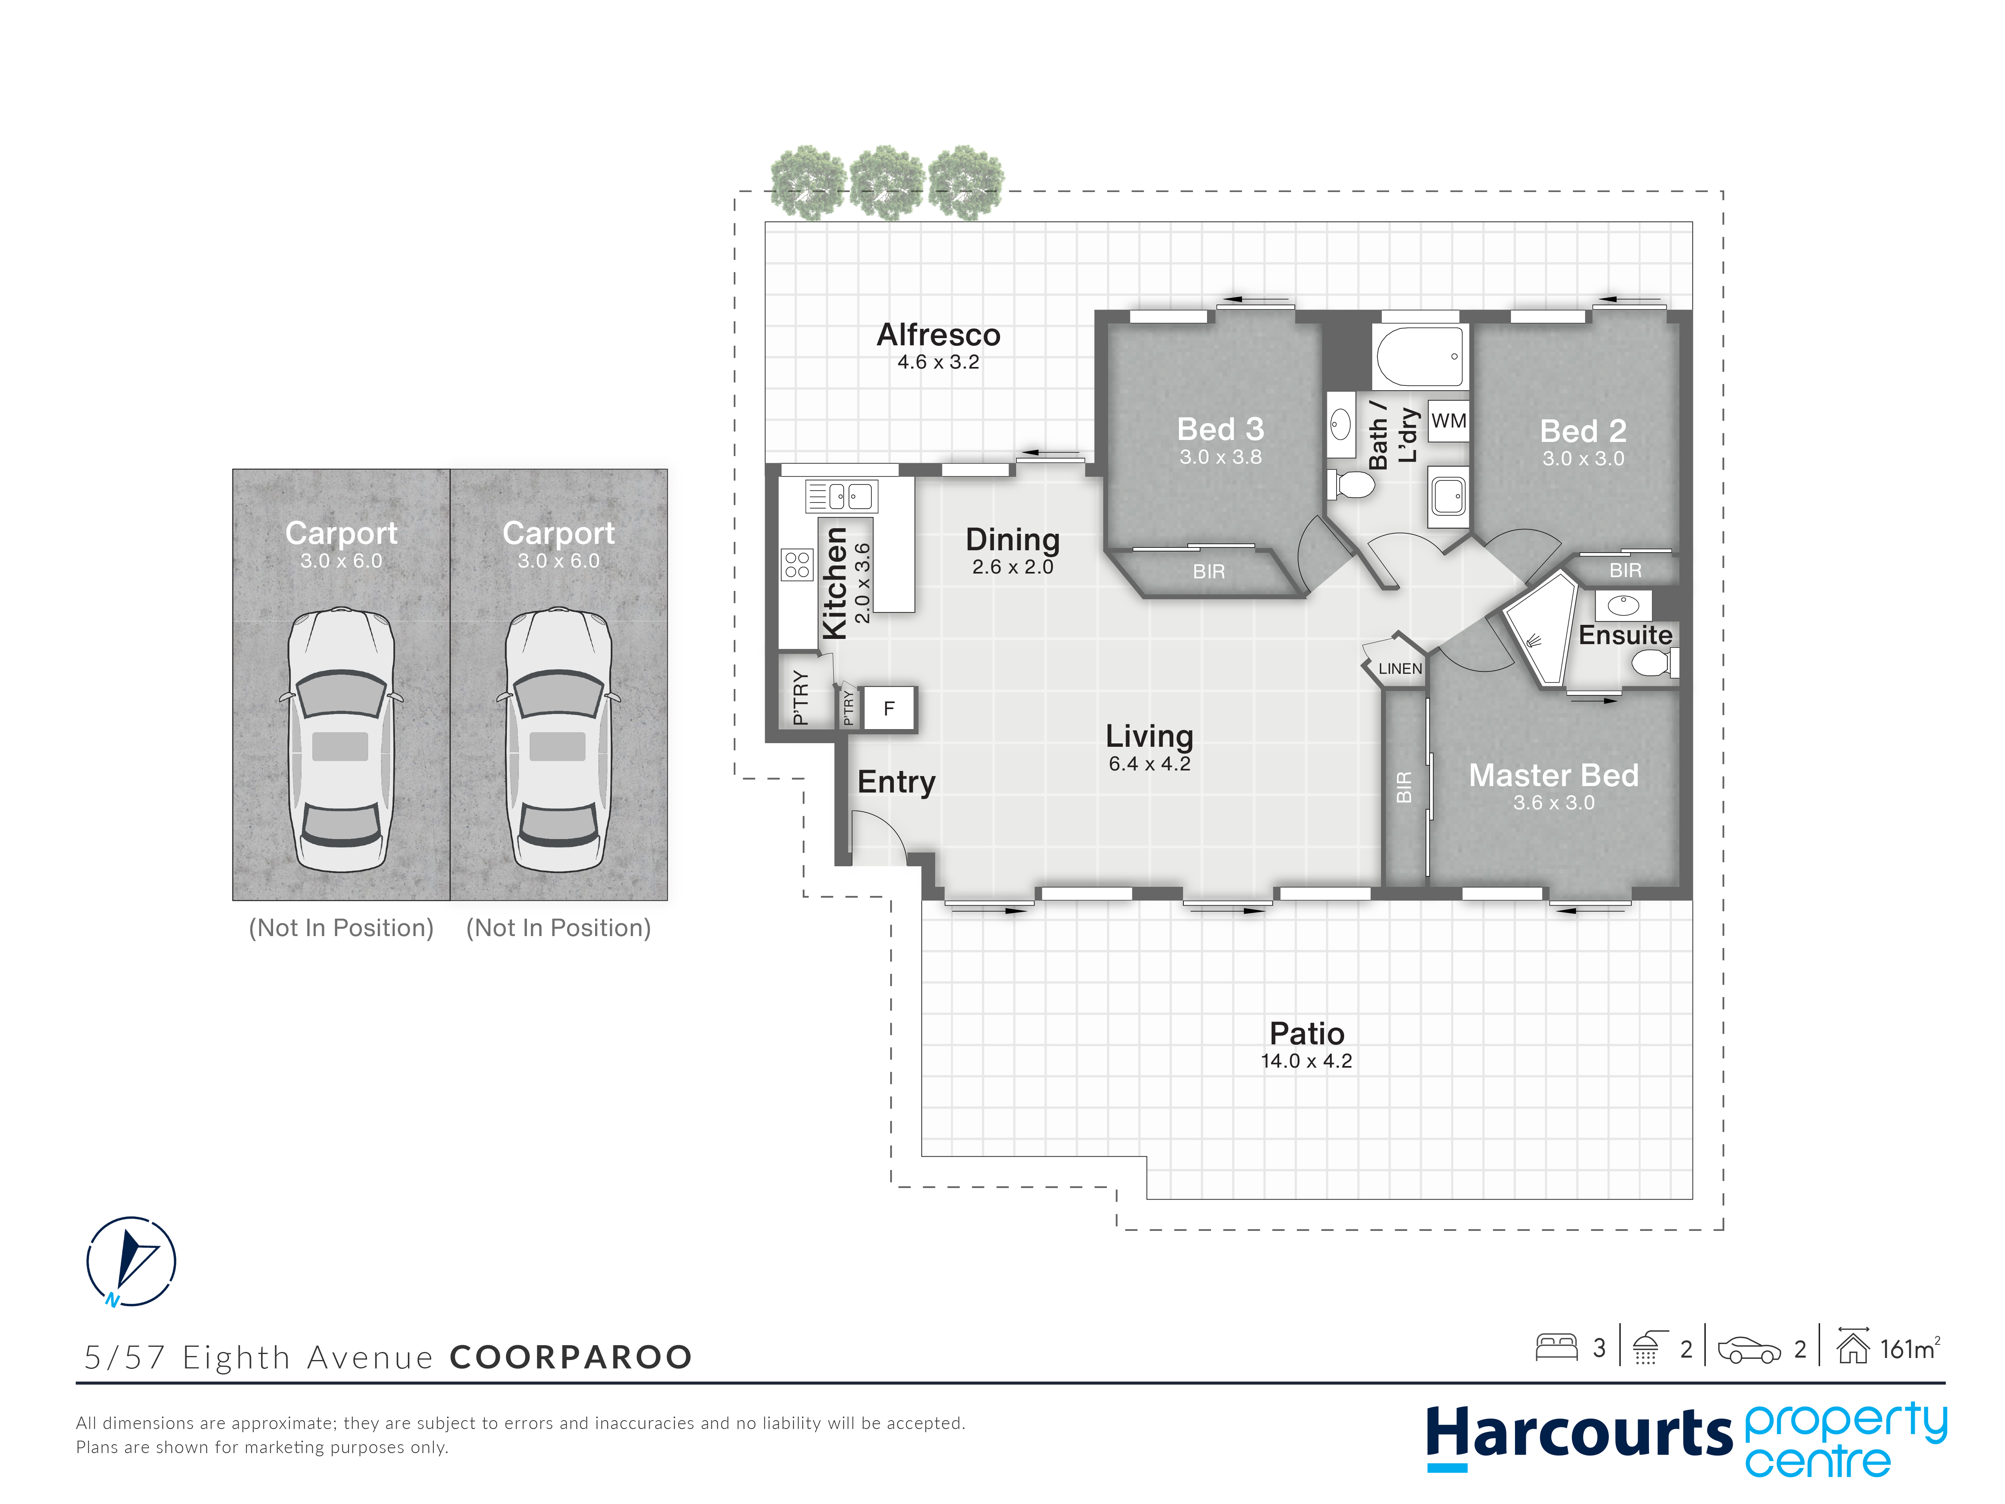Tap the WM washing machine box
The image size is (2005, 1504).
tap(1448, 421)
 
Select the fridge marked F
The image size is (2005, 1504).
tap(889, 708)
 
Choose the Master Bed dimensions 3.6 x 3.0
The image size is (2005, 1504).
tap(1553, 802)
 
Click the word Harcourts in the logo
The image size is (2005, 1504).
tap(1579, 1433)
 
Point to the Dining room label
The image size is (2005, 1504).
tap(1013, 539)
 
